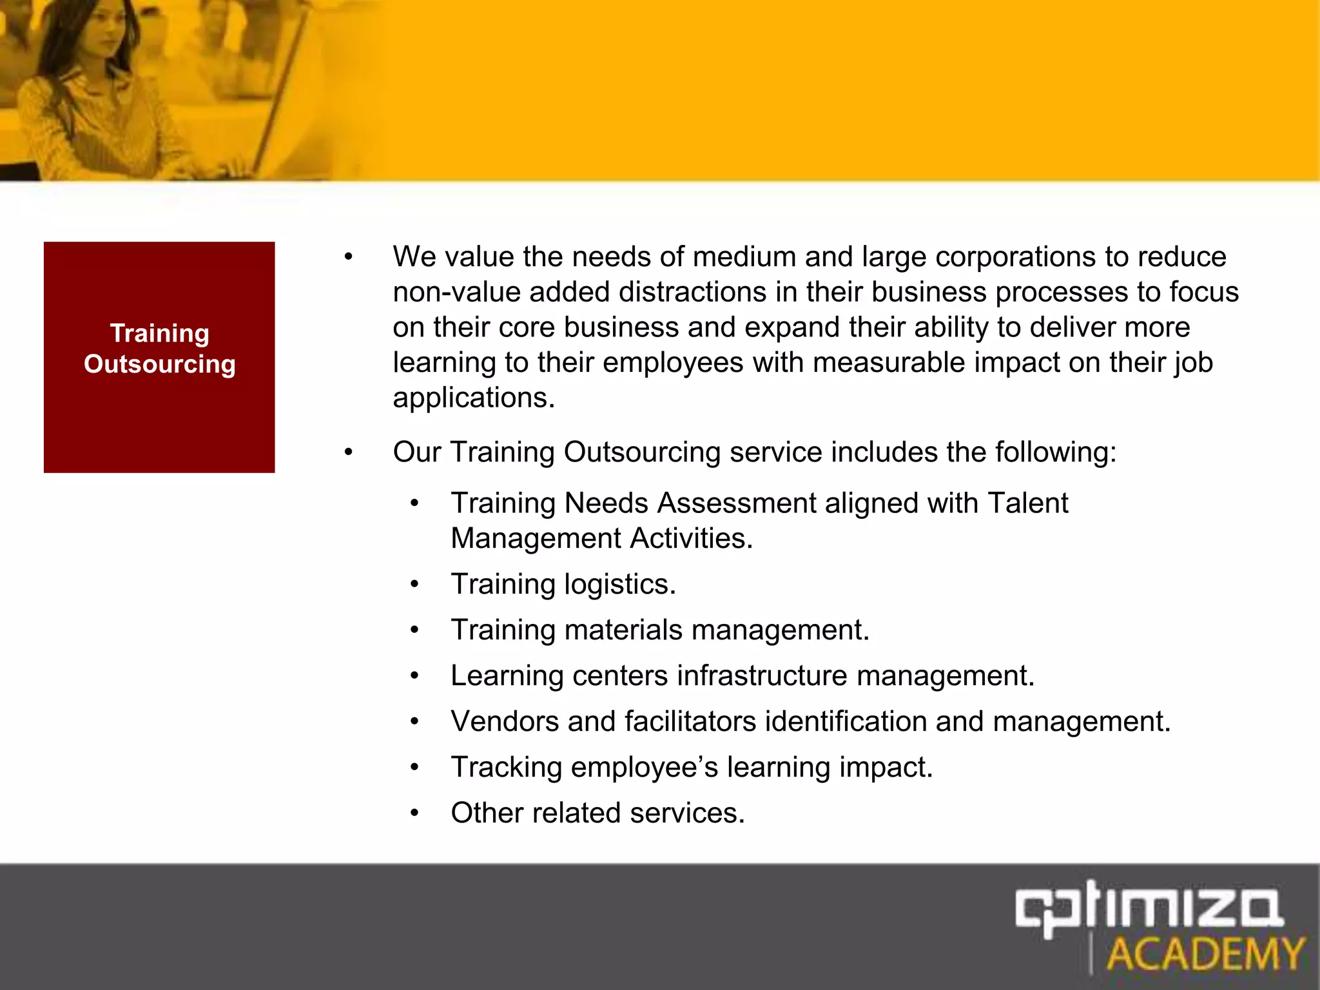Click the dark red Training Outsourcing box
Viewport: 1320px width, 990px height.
(159, 357)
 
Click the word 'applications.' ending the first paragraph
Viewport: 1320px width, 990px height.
(474, 398)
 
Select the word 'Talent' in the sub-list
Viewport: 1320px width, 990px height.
(1027, 503)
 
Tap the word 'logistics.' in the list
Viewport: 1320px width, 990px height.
(620, 585)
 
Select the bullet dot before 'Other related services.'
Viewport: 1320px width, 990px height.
(414, 813)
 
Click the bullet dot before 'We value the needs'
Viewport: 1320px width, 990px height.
(349, 258)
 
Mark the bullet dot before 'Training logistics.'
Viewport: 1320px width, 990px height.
(414, 585)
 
